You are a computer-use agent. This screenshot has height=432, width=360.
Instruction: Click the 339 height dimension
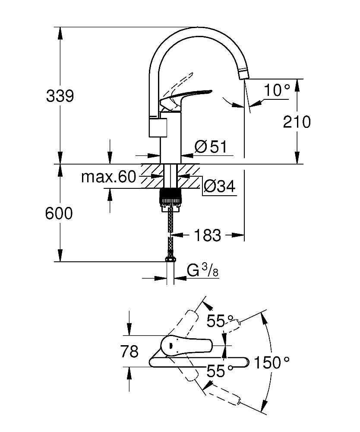(60, 96)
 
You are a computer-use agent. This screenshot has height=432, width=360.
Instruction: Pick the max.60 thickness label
(108, 177)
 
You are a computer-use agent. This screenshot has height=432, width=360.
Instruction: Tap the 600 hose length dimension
(59, 213)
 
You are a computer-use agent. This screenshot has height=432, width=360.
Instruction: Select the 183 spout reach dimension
(208, 235)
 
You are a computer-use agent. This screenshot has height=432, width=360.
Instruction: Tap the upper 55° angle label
(215, 321)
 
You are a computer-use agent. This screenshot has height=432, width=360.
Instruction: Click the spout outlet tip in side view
(243, 75)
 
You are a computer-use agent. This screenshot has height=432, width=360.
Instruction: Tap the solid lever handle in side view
(190, 95)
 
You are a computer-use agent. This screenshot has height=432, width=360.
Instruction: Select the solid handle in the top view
(186, 345)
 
